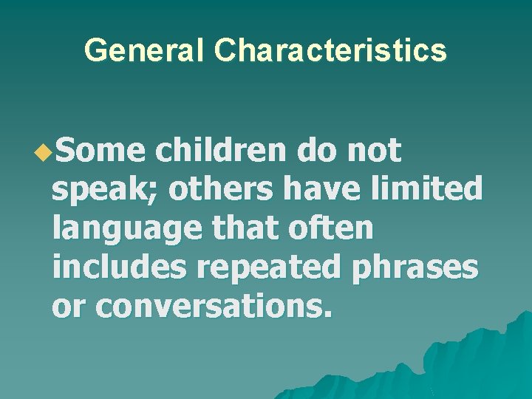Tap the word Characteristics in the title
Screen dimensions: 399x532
point(330,50)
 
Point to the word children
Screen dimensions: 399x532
point(219,151)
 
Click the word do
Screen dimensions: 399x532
point(314,151)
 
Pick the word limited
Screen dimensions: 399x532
point(427,190)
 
